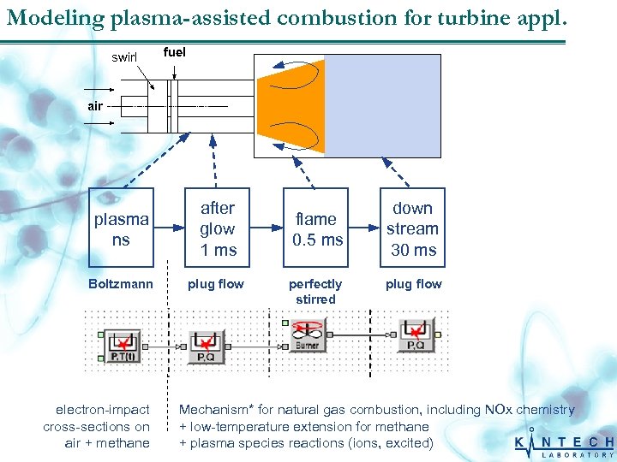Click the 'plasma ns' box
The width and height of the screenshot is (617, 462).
pos(121,228)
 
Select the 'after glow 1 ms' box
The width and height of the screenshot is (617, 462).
pos(218,228)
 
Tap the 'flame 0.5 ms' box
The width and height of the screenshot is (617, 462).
pos(317,228)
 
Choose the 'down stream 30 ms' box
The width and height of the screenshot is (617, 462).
pos(412,228)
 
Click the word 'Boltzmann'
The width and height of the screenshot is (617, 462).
pos(121,284)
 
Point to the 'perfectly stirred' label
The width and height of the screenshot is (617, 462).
pos(315,292)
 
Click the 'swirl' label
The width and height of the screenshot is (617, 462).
pos(124,57)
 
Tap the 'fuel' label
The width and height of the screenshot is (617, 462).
pos(174,52)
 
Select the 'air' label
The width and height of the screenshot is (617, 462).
pos(94,106)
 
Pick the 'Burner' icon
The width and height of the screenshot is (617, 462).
pos(306,335)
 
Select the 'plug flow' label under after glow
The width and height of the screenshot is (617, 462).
pos(216,284)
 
